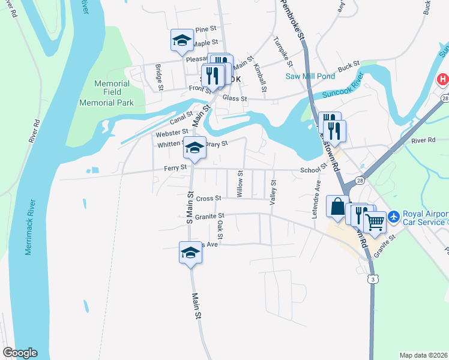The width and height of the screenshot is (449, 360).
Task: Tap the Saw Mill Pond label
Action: (310, 76)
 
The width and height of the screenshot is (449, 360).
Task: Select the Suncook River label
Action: (336, 89)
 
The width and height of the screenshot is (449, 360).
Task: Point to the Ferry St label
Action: (175, 169)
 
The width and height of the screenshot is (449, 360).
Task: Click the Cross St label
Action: (209, 198)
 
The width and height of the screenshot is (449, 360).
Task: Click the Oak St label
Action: (220, 227)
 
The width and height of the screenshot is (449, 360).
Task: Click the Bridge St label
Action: (159, 77)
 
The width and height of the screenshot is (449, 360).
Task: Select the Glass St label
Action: (235, 98)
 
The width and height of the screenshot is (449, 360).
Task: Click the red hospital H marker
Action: (443, 79)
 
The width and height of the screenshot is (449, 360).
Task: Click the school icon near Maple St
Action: (182, 40)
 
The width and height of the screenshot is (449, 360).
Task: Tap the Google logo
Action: (20, 353)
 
